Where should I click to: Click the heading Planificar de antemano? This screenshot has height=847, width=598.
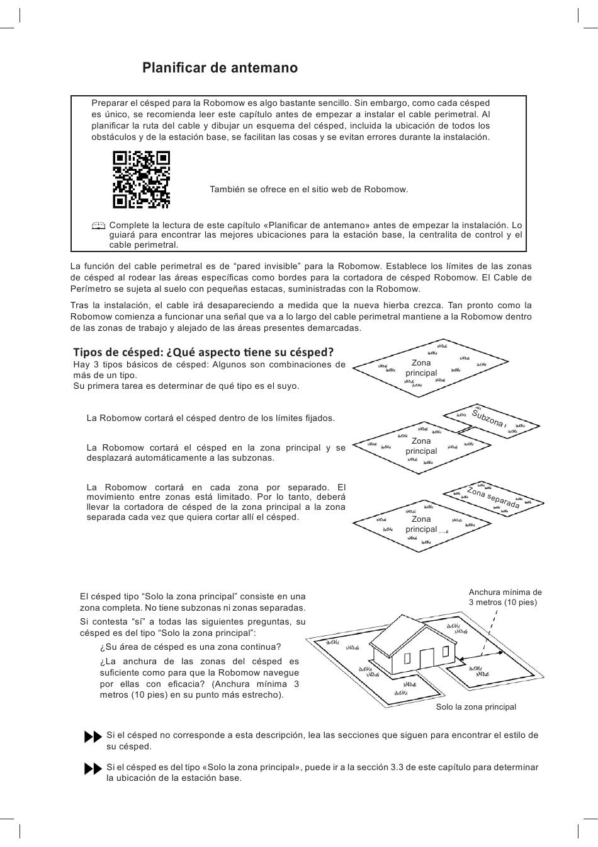click(x=220, y=68)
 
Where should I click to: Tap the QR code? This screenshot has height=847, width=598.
click(x=141, y=180)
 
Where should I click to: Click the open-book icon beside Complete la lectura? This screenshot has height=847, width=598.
click(x=98, y=226)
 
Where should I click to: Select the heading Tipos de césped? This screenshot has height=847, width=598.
click(x=203, y=352)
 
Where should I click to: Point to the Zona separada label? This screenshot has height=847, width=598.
click(x=493, y=497)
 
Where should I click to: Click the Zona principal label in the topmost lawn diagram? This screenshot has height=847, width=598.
click(x=421, y=367)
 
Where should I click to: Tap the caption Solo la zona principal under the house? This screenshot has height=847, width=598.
click(x=476, y=707)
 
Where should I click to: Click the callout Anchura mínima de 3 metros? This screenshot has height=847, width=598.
click(x=505, y=597)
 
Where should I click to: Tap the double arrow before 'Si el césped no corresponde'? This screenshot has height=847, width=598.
click(x=93, y=737)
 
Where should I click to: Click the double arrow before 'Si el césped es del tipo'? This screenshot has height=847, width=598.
click(x=93, y=769)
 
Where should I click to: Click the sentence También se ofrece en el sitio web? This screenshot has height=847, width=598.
click(x=308, y=189)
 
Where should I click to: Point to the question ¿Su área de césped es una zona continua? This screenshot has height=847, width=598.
click(x=190, y=647)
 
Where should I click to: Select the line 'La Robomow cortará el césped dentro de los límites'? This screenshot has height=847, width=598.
click(x=211, y=418)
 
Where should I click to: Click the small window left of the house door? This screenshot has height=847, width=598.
click(x=407, y=659)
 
